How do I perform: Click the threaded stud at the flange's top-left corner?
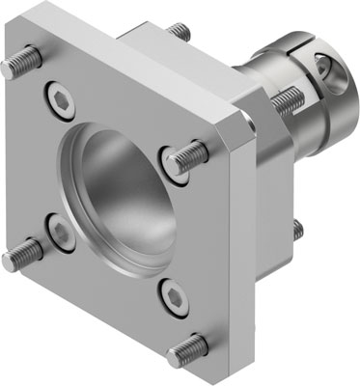click(21, 64)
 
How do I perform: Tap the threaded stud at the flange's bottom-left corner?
click(23, 256)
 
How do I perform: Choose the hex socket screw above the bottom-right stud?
click(171, 296)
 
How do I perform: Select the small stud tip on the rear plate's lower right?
click(297, 229)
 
